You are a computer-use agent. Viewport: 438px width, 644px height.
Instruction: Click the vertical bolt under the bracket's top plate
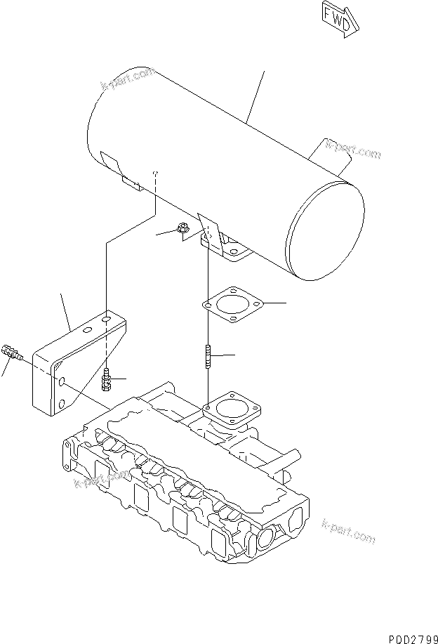[x=107, y=379]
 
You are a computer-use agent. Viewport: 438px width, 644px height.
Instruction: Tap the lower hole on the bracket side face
[x=60, y=402]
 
